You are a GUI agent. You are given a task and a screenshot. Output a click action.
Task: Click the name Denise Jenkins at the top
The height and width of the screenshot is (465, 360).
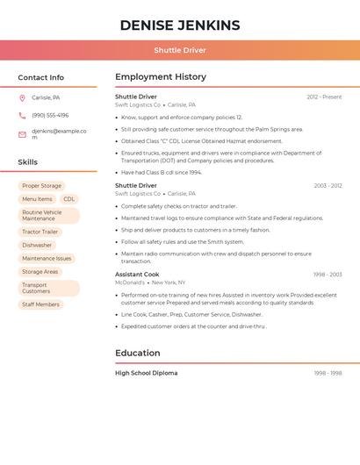pos(180,25)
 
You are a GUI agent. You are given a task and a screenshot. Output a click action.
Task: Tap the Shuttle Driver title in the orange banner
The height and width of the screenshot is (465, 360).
pos(180,50)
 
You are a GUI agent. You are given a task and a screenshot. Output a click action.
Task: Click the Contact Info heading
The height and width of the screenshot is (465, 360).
pos(40,77)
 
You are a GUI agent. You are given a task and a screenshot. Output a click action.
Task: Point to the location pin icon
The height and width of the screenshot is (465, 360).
pos(22,97)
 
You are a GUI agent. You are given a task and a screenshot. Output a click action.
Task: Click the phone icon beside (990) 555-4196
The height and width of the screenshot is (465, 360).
pos(22,116)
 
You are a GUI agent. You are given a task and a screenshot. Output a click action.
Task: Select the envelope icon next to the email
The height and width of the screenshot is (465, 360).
pos(22,134)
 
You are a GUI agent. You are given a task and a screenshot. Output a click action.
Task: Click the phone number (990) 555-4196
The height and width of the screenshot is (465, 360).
pos(50,115)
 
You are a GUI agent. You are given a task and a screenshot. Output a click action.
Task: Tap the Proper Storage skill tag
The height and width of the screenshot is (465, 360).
pos(41,186)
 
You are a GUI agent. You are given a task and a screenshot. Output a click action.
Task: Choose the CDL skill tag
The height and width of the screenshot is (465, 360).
pos(69,199)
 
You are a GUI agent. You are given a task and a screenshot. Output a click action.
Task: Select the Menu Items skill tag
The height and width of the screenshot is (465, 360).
pos(37,199)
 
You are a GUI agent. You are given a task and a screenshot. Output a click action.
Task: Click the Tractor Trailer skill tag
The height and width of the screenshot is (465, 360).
pos(40,232)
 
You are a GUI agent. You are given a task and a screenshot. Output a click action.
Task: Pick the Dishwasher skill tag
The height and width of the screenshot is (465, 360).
pos(37,245)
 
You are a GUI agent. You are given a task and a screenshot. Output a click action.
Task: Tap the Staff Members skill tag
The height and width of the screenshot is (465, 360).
pos(41,304)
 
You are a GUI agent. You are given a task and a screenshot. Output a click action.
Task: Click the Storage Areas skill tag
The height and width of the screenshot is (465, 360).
pos(40,272)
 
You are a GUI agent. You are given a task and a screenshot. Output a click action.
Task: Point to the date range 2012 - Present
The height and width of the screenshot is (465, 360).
pos(324,97)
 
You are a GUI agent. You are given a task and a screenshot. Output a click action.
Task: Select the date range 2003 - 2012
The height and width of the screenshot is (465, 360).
pos(328,186)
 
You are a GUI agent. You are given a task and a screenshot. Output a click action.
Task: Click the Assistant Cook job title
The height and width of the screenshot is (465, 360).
pos(136,275)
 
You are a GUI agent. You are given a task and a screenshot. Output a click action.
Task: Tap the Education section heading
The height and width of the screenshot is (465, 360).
pos(138,353)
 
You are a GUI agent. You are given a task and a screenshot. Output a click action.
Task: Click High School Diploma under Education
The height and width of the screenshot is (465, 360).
pos(146,373)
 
